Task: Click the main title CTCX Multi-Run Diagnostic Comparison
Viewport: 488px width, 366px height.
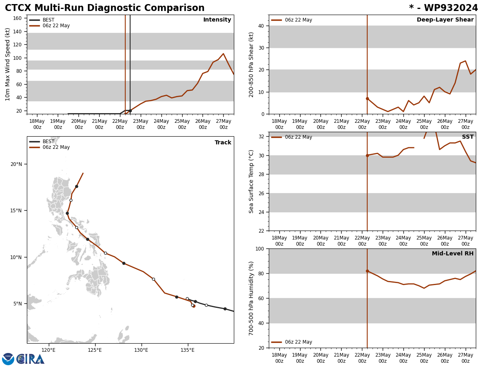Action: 105,8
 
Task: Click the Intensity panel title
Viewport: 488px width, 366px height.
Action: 217,20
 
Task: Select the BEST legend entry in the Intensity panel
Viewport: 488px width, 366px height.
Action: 48,20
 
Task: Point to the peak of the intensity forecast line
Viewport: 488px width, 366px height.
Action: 223,54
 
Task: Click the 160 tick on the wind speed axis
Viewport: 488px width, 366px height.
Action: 17,18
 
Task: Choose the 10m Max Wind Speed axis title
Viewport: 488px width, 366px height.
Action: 8,64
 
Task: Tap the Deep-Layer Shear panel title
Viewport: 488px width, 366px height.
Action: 445,20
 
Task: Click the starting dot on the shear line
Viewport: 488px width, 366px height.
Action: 367,98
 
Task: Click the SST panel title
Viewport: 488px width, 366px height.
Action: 468,137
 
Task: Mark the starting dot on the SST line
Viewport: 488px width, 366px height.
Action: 367,155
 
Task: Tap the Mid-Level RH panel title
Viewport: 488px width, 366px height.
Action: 453,254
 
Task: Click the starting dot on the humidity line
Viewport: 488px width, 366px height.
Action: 367,271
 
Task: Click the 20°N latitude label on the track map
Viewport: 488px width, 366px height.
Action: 16,164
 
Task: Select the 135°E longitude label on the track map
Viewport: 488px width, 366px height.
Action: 187,350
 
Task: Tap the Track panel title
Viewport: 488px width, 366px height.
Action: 223,143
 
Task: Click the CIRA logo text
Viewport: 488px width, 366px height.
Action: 31,359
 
